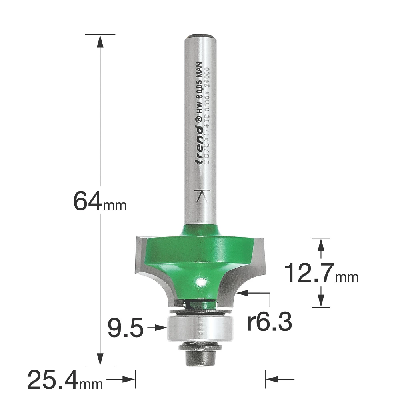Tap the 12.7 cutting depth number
point(309,273)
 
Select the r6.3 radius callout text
point(269,322)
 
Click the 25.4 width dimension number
point(54,380)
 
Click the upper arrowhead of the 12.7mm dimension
point(320,244)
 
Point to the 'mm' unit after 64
point(115,206)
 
